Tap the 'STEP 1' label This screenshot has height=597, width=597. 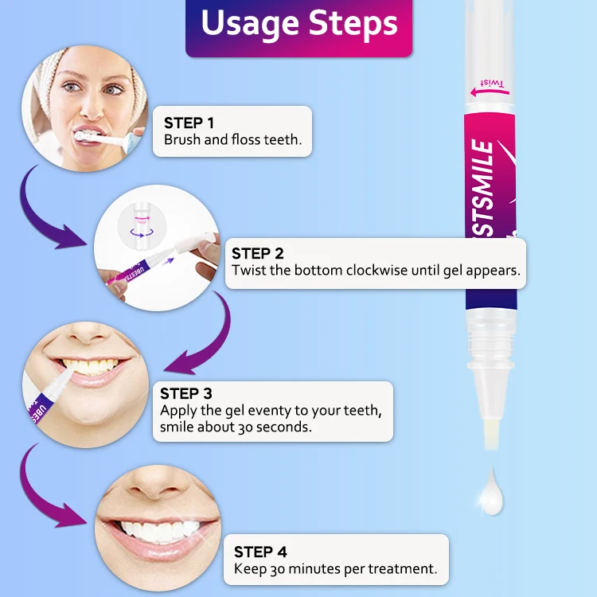click(189, 123)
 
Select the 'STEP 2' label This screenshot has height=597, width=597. click(257, 253)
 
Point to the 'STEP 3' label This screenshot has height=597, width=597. click(185, 393)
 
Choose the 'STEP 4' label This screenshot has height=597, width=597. click(260, 552)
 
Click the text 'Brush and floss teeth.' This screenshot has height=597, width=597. click(232, 140)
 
